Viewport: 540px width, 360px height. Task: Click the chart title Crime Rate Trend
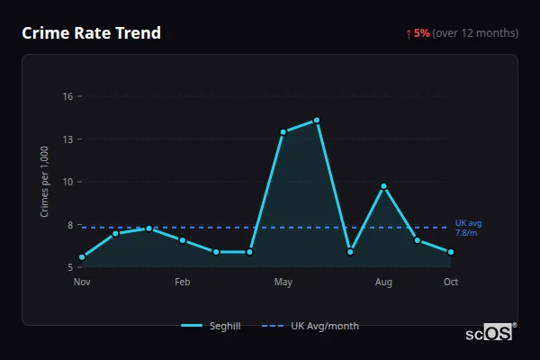(x=91, y=33)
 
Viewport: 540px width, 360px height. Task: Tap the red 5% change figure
(x=422, y=33)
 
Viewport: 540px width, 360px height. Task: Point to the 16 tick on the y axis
(x=67, y=95)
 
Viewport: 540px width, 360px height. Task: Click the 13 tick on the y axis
(x=67, y=139)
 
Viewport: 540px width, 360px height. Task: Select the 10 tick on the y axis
(x=67, y=182)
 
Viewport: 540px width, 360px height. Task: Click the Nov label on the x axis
(x=82, y=283)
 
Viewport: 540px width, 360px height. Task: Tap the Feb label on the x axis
(x=183, y=283)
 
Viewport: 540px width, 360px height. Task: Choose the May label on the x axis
(x=283, y=283)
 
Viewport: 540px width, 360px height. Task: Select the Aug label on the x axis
(x=383, y=283)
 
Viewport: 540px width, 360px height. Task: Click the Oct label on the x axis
(x=451, y=283)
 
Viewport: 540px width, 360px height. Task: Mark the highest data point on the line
(x=317, y=120)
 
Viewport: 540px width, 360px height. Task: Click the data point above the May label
(x=283, y=132)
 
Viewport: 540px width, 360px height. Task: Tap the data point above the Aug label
(x=383, y=186)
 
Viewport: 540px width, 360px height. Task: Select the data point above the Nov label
(x=82, y=257)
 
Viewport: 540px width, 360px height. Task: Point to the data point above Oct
(x=451, y=252)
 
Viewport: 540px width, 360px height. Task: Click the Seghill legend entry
(x=211, y=326)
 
